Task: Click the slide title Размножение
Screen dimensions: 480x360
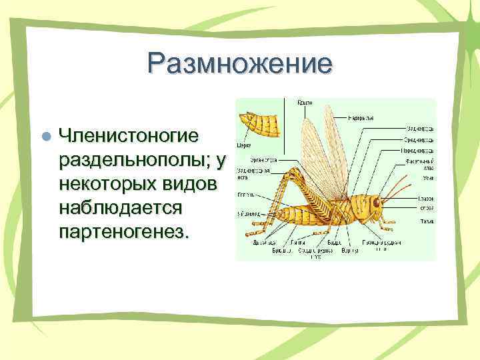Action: [240, 65]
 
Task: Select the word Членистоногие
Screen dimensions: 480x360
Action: [129, 135]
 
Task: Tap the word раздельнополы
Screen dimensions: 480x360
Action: [134, 160]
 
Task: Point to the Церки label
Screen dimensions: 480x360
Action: [244, 143]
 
